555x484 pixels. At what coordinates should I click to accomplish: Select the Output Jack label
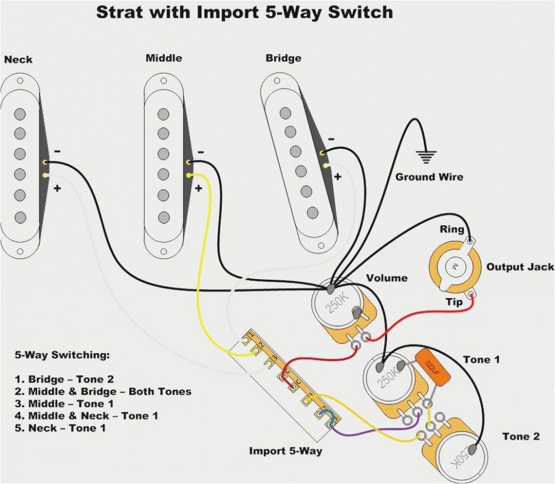point(520,267)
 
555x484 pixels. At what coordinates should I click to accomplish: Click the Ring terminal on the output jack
point(471,241)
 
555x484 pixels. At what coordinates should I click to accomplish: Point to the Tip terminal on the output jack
point(471,294)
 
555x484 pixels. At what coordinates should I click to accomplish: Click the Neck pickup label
point(18,60)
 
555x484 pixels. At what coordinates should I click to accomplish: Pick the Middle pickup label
point(164,58)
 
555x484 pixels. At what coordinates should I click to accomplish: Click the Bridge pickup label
point(283,58)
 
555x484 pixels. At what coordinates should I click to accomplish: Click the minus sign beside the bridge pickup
point(331,139)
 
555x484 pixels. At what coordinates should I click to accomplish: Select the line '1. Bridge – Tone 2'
point(63,380)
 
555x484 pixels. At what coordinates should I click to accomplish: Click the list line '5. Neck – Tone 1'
point(58,428)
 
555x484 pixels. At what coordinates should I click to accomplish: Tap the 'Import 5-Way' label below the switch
point(286,451)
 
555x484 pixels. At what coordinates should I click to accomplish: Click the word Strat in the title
point(120,12)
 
